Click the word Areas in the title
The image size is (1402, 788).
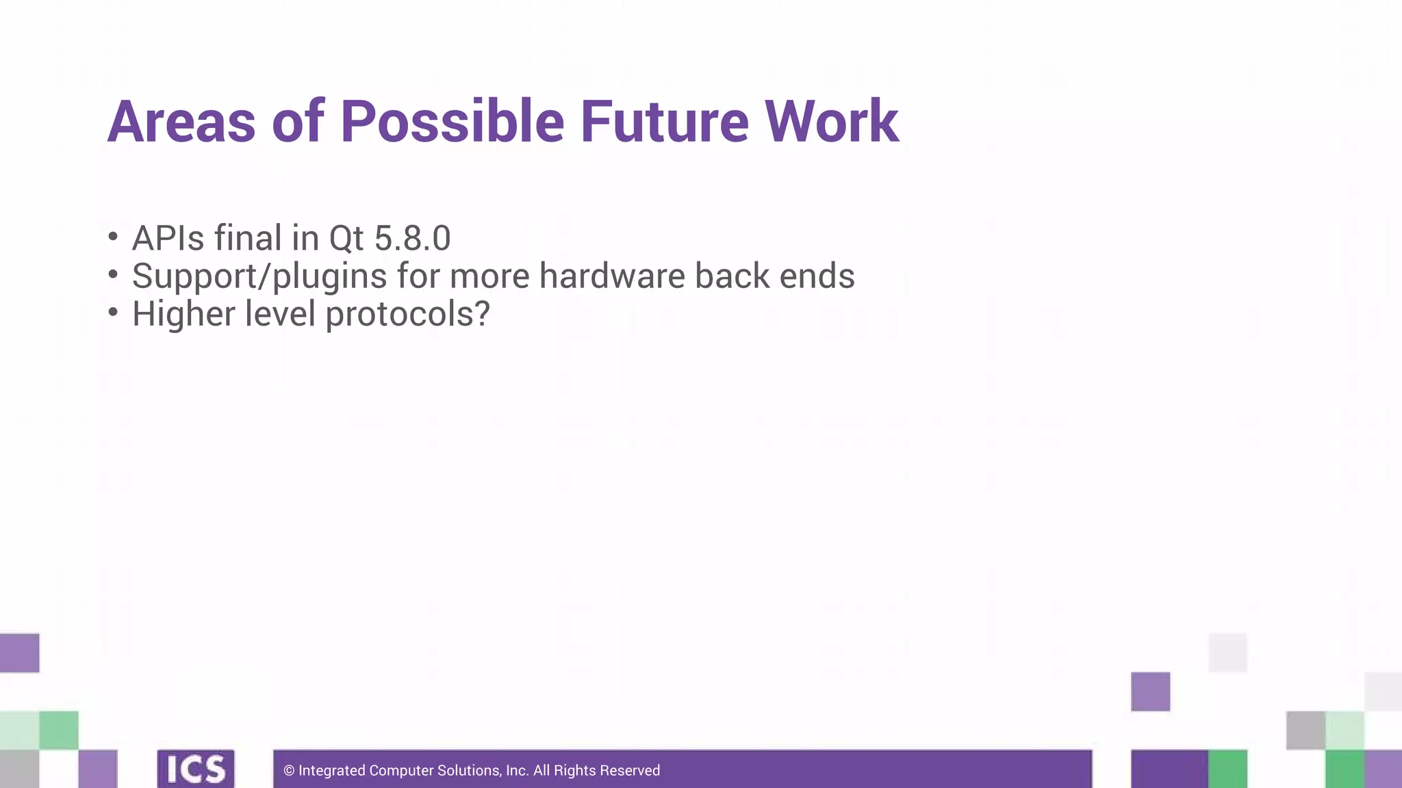tap(181, 122)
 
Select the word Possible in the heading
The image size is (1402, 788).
tap(452, 122)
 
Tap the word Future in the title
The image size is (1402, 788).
tap(665, 122)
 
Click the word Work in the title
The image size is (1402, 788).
tap(831, 122)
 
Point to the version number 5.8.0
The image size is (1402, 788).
tap(412, 239)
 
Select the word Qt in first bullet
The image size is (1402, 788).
tap(346, 239)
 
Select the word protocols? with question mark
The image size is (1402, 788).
tap(407, 315)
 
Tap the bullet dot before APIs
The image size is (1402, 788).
tap(113, 237)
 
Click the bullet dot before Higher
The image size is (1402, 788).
tap(113, 312)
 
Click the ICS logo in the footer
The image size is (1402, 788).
tap(196, 769)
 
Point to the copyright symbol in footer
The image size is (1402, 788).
tap(289, 771)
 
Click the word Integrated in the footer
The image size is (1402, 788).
tap(332, 771)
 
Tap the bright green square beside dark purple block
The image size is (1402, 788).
tap(1227, 768)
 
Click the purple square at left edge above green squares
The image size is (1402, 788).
tap(19, 653)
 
